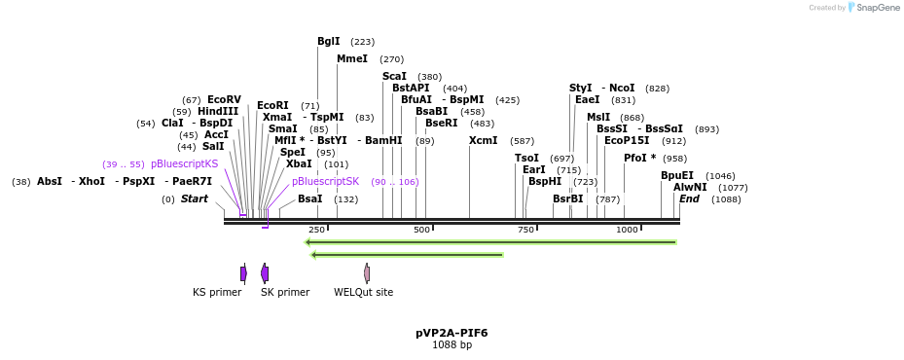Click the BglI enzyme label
pos(329,42)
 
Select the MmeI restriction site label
pos(352,59)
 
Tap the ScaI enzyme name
pos(394,77)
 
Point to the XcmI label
pos(483,141)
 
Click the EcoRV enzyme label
pos(224,100)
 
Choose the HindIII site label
pos(218,112)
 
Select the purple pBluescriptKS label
pos(184,164)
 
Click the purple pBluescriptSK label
pos(325,182)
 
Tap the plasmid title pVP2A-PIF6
pos(452,333)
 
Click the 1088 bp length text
pos(452,345)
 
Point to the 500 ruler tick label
pos(421,231)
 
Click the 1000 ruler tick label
pos(627,231)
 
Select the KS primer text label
pos(217,292)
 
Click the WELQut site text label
pos(364,292)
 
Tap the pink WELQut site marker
pos(367,273)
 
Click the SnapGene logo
pos(852,8)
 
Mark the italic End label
pos(689,199)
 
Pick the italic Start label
pos(195,199)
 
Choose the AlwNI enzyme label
pos(690,188)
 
